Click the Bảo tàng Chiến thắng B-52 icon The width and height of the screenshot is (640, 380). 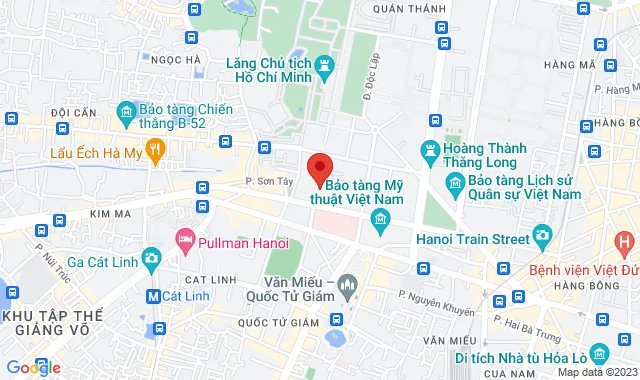126,110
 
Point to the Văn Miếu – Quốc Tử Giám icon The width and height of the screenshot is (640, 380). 347,286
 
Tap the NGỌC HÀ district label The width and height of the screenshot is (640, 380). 180,59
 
